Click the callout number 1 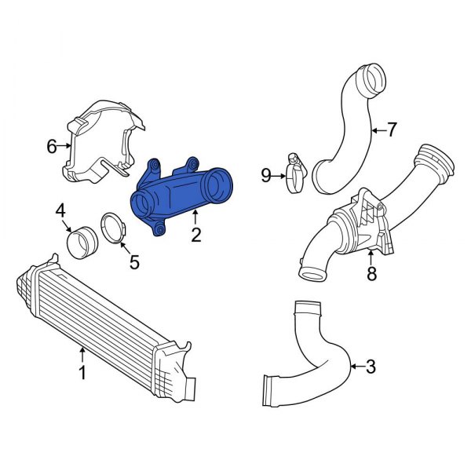pos(82,374)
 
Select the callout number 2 pos(195,233)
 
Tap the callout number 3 pos(371,366)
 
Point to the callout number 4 pos(60,210)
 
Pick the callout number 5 pos(134,261)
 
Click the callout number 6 pos(53,146)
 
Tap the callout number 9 pos(266,175)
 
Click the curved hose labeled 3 pos(314,361)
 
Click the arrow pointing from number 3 pos(357,366)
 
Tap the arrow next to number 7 pos(379,130)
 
